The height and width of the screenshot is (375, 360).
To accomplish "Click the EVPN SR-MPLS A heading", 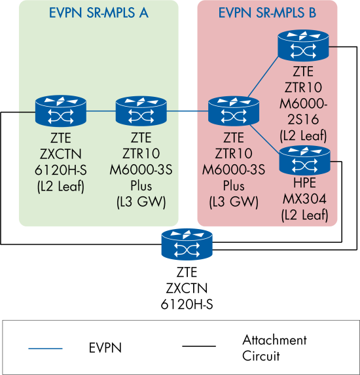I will pos(98,12).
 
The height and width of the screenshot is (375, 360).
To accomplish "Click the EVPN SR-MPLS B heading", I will pos(267,12).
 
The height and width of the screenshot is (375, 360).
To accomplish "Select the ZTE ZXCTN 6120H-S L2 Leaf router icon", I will pos(60,111).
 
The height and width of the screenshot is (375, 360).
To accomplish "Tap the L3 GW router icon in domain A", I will pos(141,111).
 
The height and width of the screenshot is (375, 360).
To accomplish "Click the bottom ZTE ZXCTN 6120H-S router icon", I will pos(187,245).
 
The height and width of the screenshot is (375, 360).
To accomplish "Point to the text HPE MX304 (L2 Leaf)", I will pos(304,197).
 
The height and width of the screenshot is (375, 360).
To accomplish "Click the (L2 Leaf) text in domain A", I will pos(60,187).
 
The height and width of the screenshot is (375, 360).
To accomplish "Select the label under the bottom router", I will pos(187,288).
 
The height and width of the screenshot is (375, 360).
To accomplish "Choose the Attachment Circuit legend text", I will pos(274,348).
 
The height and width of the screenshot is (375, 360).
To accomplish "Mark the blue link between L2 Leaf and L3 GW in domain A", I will pos(100,111).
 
